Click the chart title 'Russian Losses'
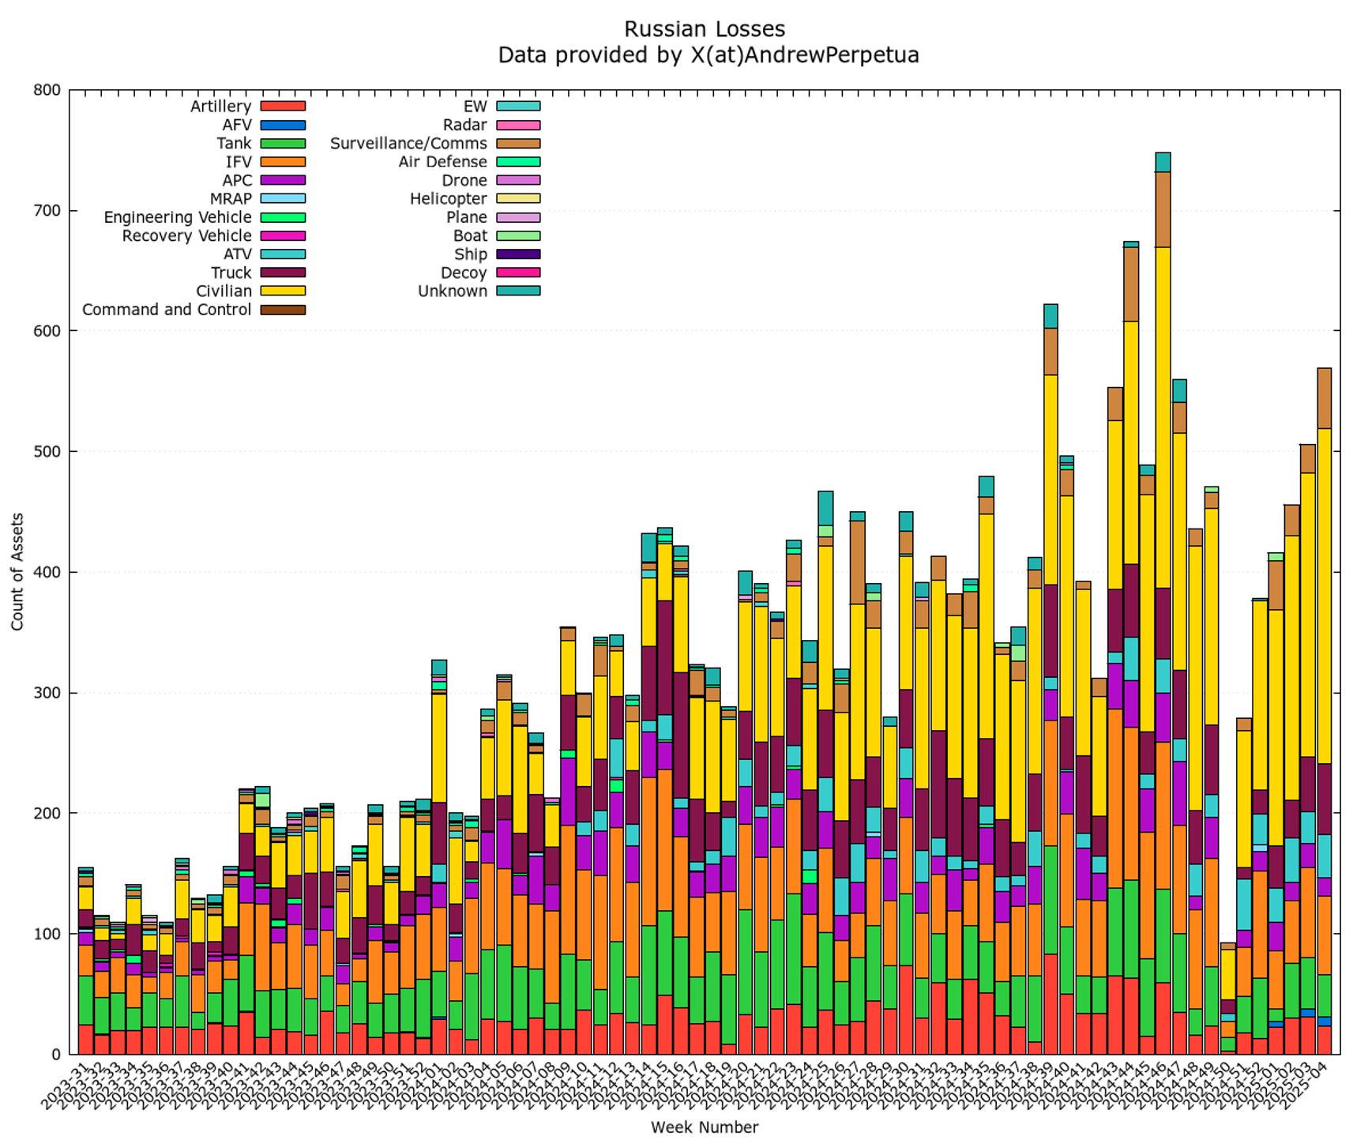705,29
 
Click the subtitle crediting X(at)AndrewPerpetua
708,55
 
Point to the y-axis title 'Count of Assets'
17,571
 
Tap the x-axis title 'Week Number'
705,1127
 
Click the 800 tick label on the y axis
47,90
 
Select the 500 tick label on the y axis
47,452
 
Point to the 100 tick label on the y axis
47,934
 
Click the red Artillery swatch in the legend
282,107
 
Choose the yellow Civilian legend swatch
282,292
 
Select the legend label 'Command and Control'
167,310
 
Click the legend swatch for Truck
282,273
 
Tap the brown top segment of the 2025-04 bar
1325,398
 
